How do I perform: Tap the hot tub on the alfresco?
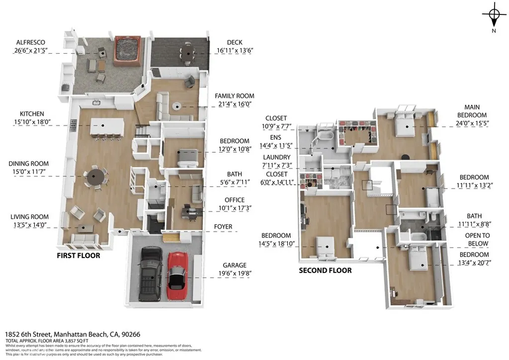pos(128,51)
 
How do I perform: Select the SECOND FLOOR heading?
pos(325,270)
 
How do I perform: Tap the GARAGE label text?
pos(234,266)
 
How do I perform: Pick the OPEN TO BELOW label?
pos(477,239)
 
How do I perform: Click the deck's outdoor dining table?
pos(188,51)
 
